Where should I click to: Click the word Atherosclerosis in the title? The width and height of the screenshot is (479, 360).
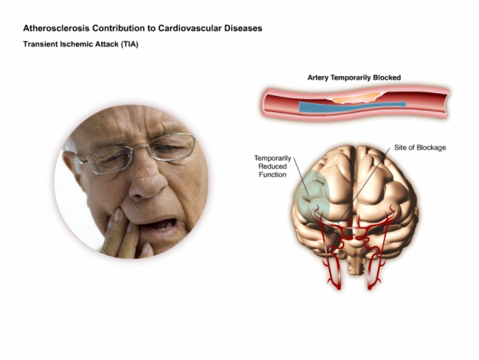57,28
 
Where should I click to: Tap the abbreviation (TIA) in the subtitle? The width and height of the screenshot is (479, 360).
129,44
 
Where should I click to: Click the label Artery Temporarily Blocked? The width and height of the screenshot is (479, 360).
354,77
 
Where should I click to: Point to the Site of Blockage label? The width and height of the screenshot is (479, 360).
420,148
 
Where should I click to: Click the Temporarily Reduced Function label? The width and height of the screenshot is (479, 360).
272,166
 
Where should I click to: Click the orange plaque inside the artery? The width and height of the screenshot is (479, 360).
356,98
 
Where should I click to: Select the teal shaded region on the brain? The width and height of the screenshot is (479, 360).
311,196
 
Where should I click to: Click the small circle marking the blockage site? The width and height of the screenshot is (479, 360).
336,224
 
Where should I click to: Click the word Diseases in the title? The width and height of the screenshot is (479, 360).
243,28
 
